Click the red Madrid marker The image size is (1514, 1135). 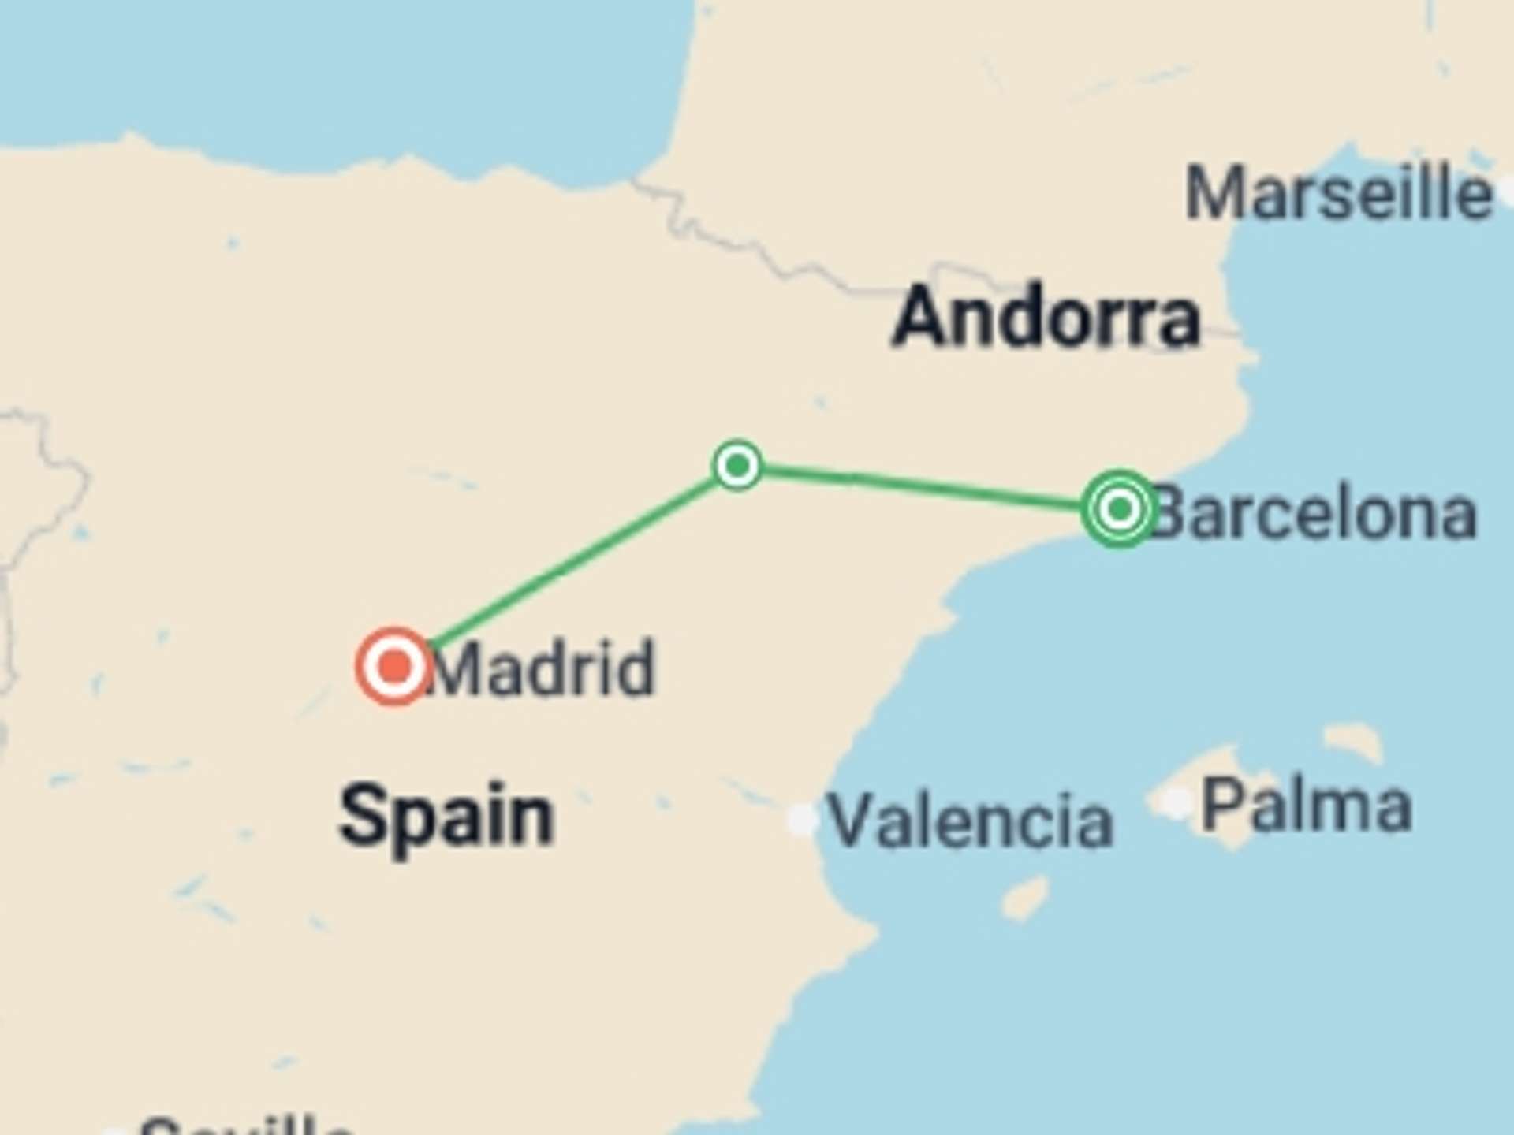[x=394, y=667]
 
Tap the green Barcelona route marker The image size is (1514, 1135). [x=1119, y=508]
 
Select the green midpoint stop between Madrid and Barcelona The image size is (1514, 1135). [x=737, y=465]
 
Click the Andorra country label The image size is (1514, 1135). [x=1046, y=318]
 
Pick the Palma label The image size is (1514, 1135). [x=1307, y=806]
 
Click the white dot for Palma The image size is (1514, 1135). [x=1177, y=802]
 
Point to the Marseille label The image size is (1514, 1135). [x=1338, y=194]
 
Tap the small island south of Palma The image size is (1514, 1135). [x=1025, y=898]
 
